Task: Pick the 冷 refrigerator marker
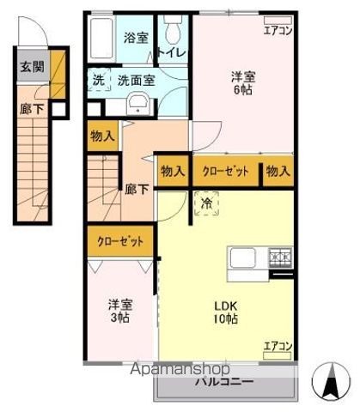click(x=207, y=203)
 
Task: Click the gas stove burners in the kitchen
click(x=281, y=255)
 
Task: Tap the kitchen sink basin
click(x=241, y=257)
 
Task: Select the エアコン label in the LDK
click(x=278, y=346)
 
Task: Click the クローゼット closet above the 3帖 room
click(x=120, y=241)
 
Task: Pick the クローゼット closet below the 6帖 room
click(x=225, y=171)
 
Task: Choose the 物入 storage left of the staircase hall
click(x=102, y=136)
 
